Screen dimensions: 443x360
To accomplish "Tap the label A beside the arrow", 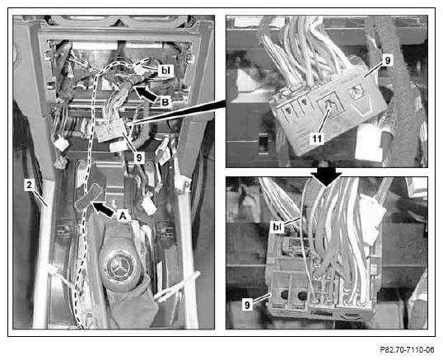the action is coord(123,216).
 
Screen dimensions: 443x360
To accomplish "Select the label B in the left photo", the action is coord(165,102).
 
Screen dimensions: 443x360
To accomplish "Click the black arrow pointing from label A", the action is coord(104,208).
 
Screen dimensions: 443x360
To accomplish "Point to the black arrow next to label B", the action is coord(146,93).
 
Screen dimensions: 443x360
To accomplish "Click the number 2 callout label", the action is coord(29,185).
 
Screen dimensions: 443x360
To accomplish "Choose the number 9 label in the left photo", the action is coord(139,157).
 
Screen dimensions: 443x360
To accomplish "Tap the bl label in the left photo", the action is coord(166,71).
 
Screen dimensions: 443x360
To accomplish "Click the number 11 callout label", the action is coord(317,138).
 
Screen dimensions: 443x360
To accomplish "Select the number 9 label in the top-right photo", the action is coord(387,60).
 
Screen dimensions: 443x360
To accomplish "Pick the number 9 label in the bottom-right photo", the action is coord(248,305).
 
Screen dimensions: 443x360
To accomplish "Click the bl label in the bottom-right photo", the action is coord(277,227).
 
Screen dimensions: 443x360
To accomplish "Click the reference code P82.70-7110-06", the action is coord(407,349).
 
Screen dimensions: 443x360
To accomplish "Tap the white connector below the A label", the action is coord(148,206).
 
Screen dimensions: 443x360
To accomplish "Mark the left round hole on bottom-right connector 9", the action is coord(284,294).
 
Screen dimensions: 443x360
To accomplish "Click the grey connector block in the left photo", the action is coord(111,130).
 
